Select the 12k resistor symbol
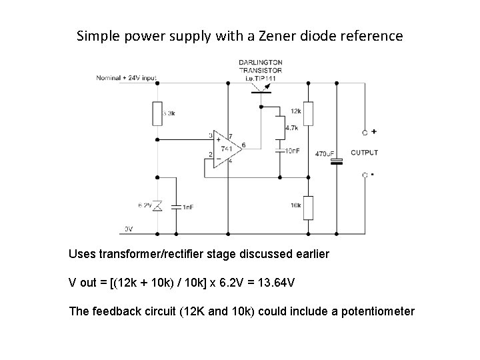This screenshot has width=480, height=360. tap(309, 113)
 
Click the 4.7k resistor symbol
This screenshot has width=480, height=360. tap(279, 127)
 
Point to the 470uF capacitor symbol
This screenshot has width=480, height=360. tap(338, 160)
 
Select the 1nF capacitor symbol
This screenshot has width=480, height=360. tap(176, 207)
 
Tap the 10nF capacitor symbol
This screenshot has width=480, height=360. tap(279, 151)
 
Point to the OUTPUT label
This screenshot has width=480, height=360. tap(364, 153)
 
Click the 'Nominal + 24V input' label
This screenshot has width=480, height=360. tap(127, 77)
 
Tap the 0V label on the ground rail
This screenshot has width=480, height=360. tap(129, 229)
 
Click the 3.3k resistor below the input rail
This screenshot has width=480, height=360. tap(157, 113)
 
